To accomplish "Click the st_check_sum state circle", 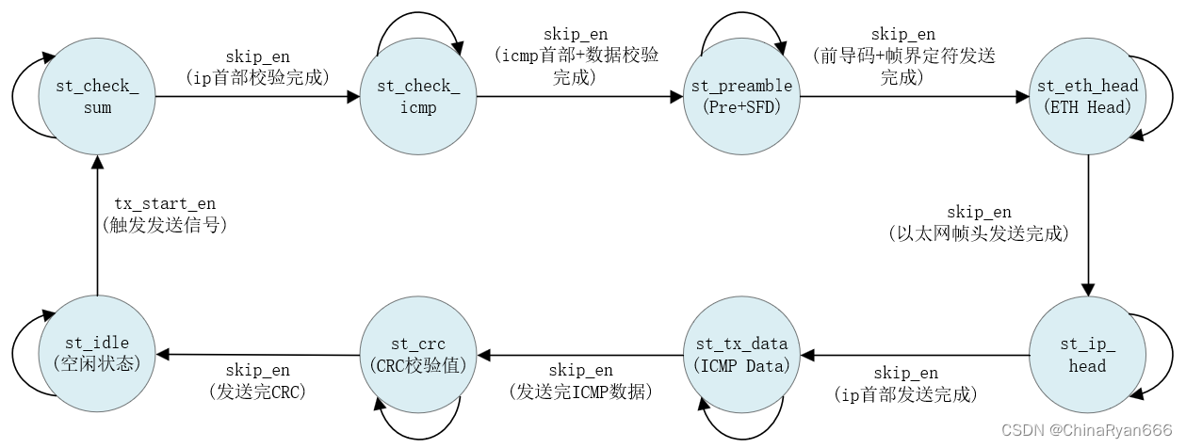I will [x=97, y=97].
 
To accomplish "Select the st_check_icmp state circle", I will [x=418, y=97].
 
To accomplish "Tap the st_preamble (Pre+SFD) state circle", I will [x=741, y=97].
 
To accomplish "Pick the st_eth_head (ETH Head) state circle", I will [x=1087, y=97].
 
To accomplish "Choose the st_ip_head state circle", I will [x=1087, y=355].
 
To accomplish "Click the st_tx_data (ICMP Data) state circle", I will [x=741, y=355].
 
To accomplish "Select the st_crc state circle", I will [x=418, y=355].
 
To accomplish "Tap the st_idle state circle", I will [x=97, y=355].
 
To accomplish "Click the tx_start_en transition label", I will [x=164, y=203].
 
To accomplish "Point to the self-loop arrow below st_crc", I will [x=418, y=423].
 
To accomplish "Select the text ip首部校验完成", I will [x=258, y=77].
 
